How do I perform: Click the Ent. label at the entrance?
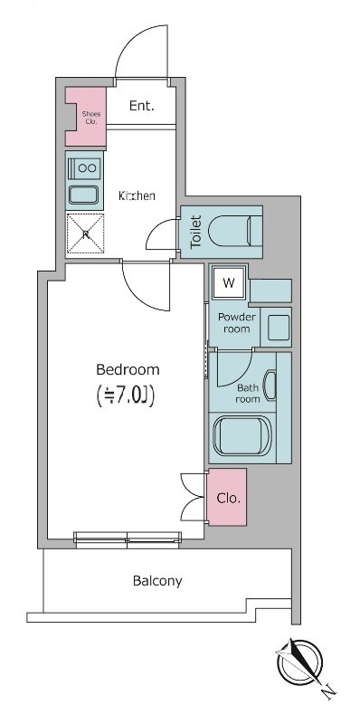click(x=141, y=106)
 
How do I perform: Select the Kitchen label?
click(x=137, y=195)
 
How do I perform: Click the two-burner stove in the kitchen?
click(x=87, y=167)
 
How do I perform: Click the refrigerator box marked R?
click(x=86, y=234)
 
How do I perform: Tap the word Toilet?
click(x=194, y=233)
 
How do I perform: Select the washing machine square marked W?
click(x=229, y=283)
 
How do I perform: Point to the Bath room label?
click(x=248, y=392)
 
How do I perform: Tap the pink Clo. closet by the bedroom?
click(x=227, y=498)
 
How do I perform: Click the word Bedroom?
click(x=128, y=369)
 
